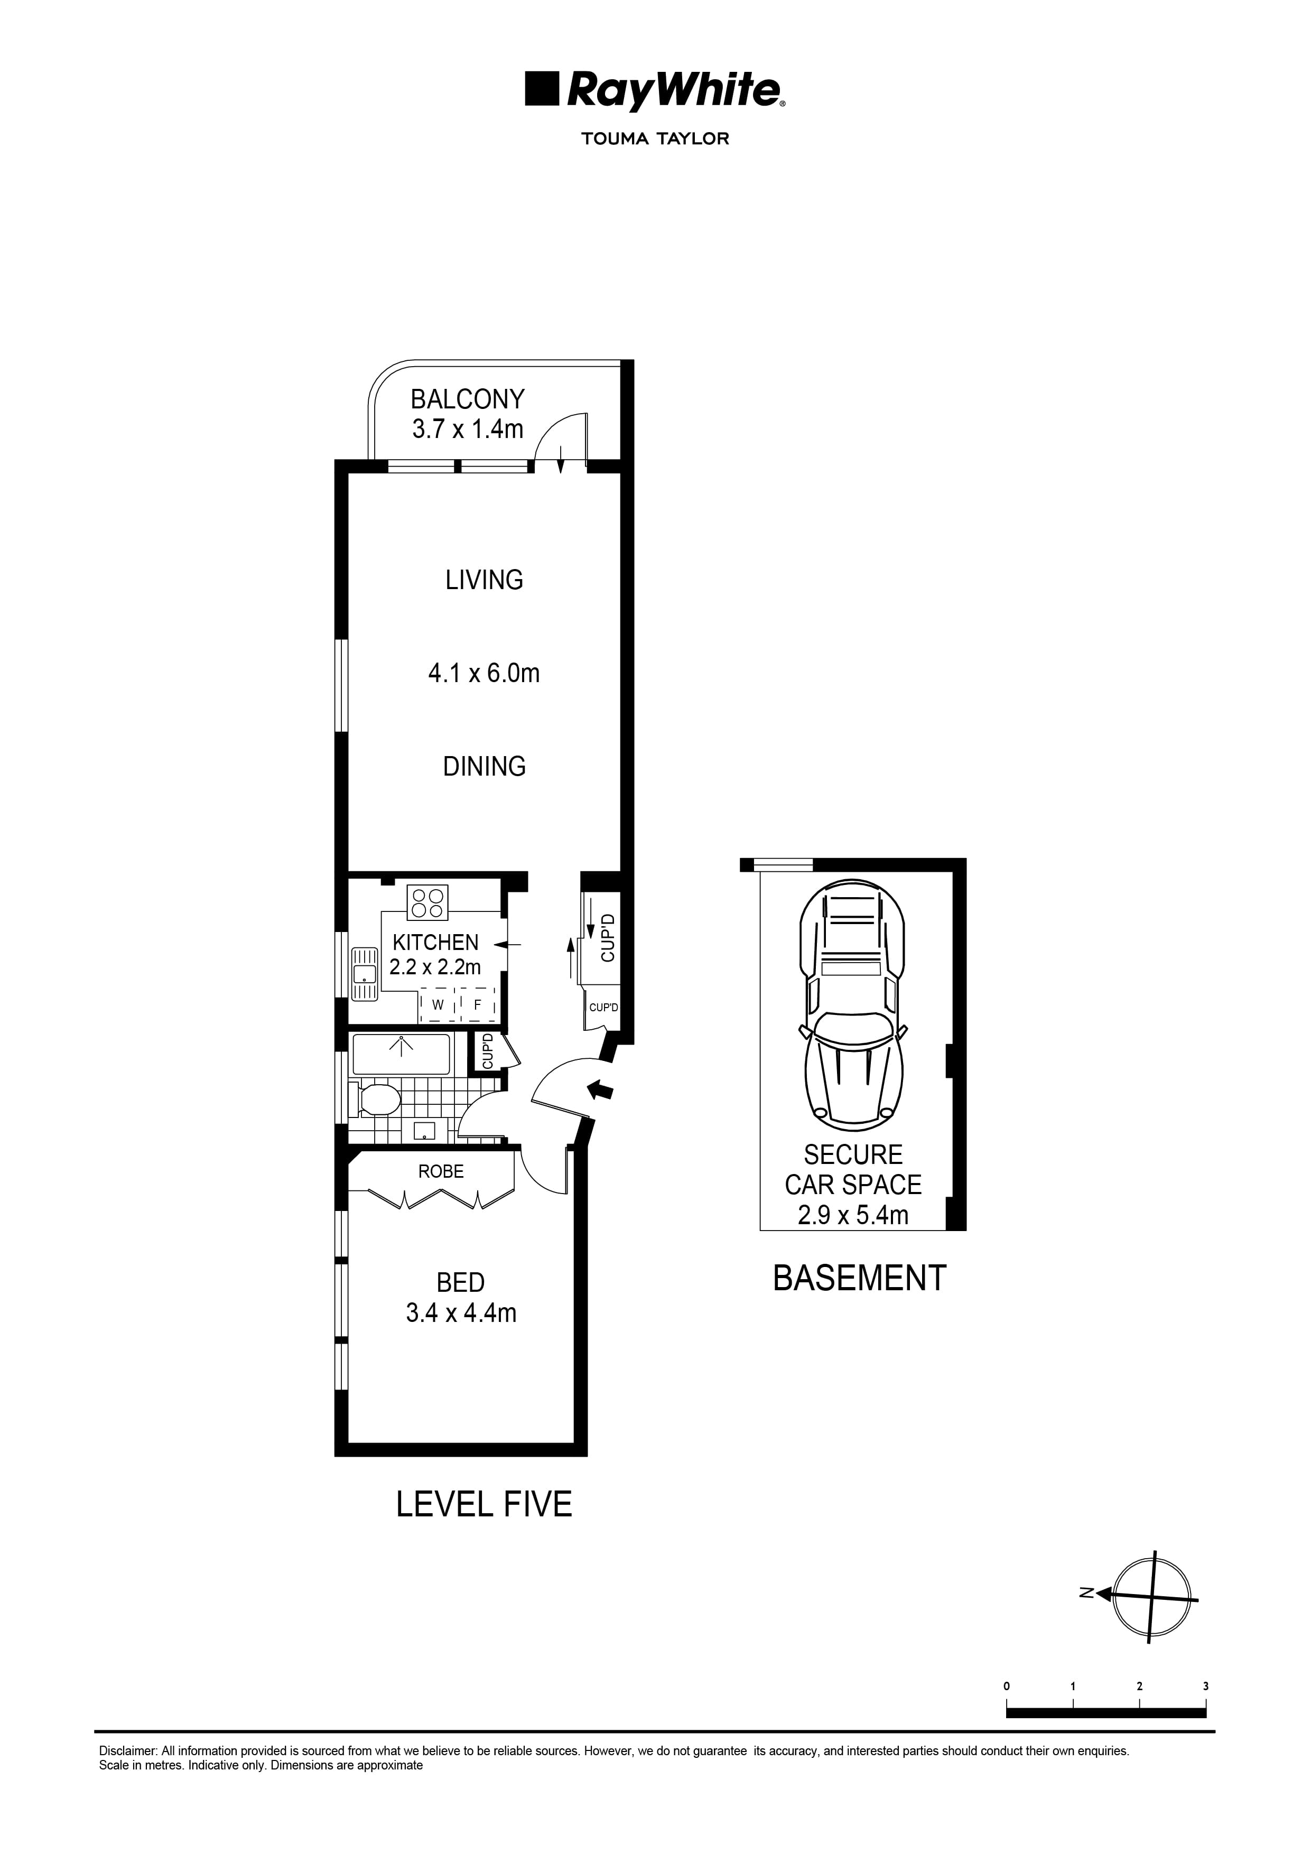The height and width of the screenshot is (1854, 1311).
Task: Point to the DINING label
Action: coord(484,766)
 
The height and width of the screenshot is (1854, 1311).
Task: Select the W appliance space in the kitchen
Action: coord(438,1005)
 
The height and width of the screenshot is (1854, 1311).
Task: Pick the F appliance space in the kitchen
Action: coord(477,1005)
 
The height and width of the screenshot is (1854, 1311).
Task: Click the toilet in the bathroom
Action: coord(376,1100)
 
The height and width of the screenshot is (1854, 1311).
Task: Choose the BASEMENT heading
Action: coord(859,1278)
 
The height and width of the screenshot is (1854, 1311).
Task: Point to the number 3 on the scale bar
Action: coord(1206,1685)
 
